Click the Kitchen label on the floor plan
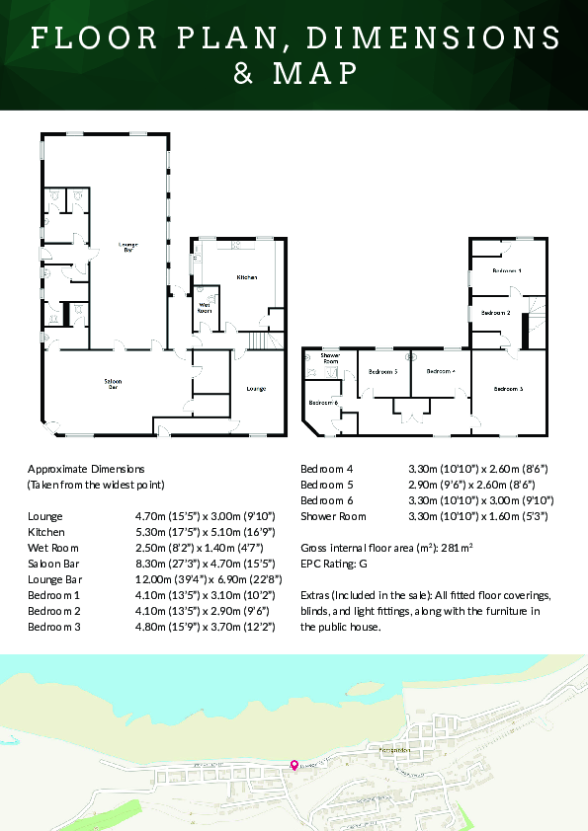[x=246, y=278]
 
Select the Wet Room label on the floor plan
[x=206, y=308]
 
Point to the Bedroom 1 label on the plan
[x=507, y=269]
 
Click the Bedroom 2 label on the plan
[x=495, y=312]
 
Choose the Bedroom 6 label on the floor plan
[x=322, y=403]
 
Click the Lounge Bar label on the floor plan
[x=127, y=247]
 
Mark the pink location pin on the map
[x=293, y=765]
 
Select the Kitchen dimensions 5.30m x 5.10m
[x=205, y=532]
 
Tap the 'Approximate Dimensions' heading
[x=86, y=469]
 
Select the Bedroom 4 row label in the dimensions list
[x=326, y=469]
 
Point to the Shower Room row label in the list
[x=333, y=516]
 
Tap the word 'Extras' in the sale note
[x=317, y=595]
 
